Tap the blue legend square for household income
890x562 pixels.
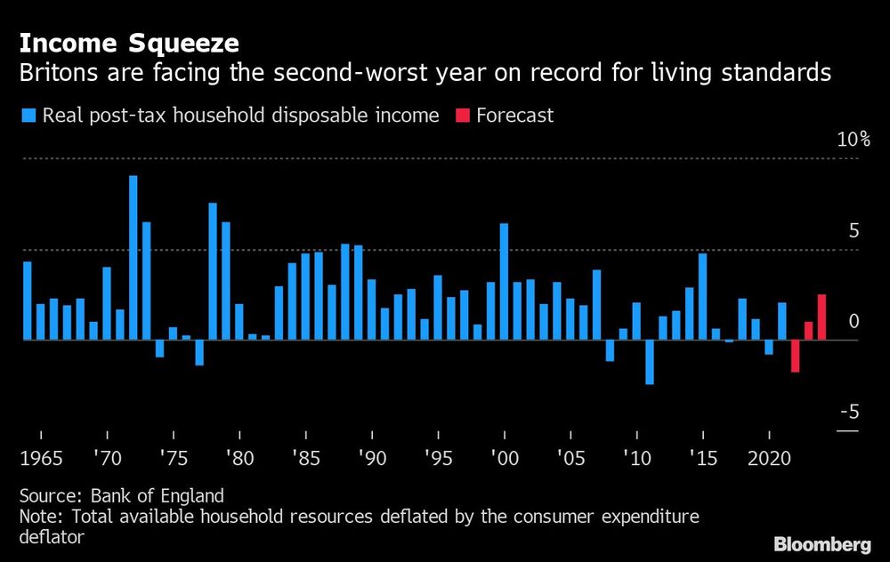pyautogui.click(x=28, y=116)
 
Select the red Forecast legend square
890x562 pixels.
pyautogui.click(x=461, y=116)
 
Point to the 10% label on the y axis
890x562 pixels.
pyautogui.click(x=853, y=140)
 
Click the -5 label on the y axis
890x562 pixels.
pyautogui.click(x=851, y=412)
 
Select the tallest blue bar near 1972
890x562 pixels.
pyautogui.click(x=133, y=257)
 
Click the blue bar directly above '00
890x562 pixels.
pyautogui.click(x=504, y=281)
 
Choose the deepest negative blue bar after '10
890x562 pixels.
pyautogui.click(x=650, y=362)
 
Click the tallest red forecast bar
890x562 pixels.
pyautogui.click(x=821, y=317)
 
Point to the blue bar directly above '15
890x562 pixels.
pyautogui.click(x=702, y=296)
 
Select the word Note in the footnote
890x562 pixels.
pyautogui.click(x=36, y=517)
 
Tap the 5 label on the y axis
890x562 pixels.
pyautogui.click(x=853, y=231)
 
